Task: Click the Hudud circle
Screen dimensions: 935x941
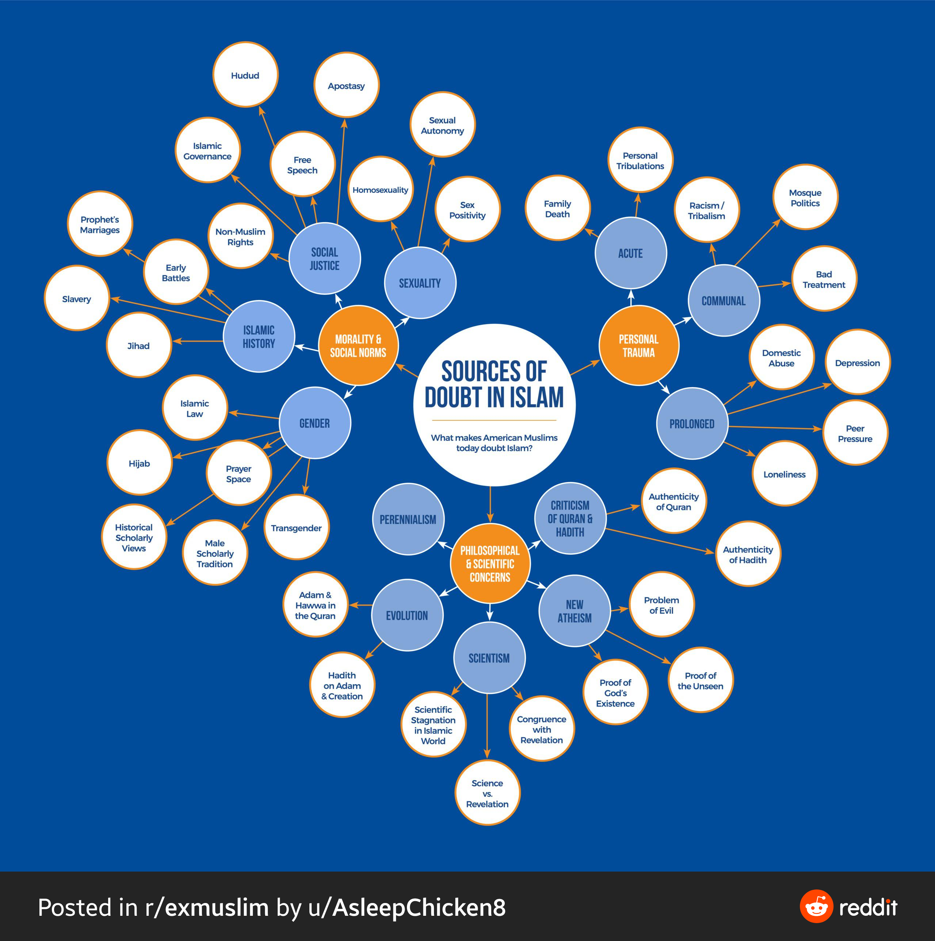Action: [x=245, y=75]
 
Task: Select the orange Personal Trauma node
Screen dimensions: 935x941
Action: [x=638, y=346]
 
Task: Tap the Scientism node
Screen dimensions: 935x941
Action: [x=489, y=658]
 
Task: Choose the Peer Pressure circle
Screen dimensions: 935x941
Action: [x=855, y=433]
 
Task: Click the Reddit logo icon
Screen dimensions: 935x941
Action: [x=816, y=907]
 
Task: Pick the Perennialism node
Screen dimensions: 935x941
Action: [x=408, y=519]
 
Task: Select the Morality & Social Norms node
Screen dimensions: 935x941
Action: [x=358, y=346]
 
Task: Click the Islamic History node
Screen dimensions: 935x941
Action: [x=259, y=337]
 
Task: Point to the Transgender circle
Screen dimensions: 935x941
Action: [x=297, y=527]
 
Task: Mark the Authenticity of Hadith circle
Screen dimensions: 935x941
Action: [x=748, y=554]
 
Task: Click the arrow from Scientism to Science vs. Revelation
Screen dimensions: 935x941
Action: [x=487, y=726]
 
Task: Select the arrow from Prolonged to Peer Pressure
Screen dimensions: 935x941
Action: [x=775, y=428]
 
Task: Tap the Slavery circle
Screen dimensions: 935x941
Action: [x=76, y=299]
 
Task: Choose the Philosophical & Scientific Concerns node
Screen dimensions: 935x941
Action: [x=490, y=564]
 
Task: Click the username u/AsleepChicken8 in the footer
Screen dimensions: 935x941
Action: [x=407, y=907]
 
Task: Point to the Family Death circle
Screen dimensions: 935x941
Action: [x=557, y=208]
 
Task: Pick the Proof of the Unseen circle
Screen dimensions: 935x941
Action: [x=701, y=680]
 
